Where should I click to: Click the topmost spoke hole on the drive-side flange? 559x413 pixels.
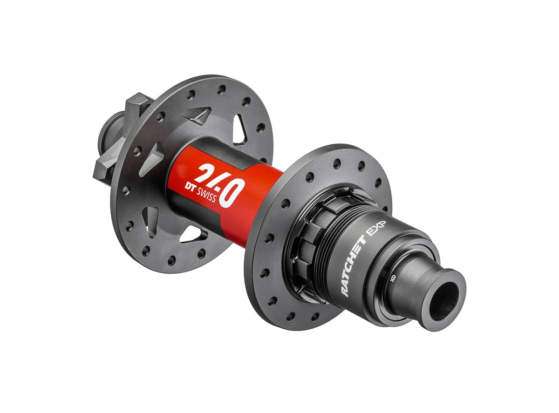point(336,164)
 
